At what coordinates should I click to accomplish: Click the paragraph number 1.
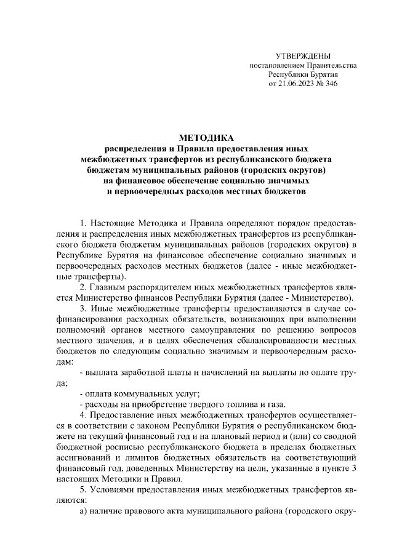click(83, 221)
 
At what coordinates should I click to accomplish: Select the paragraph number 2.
click(83, 288)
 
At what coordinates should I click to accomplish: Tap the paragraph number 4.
click(83, 415)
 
